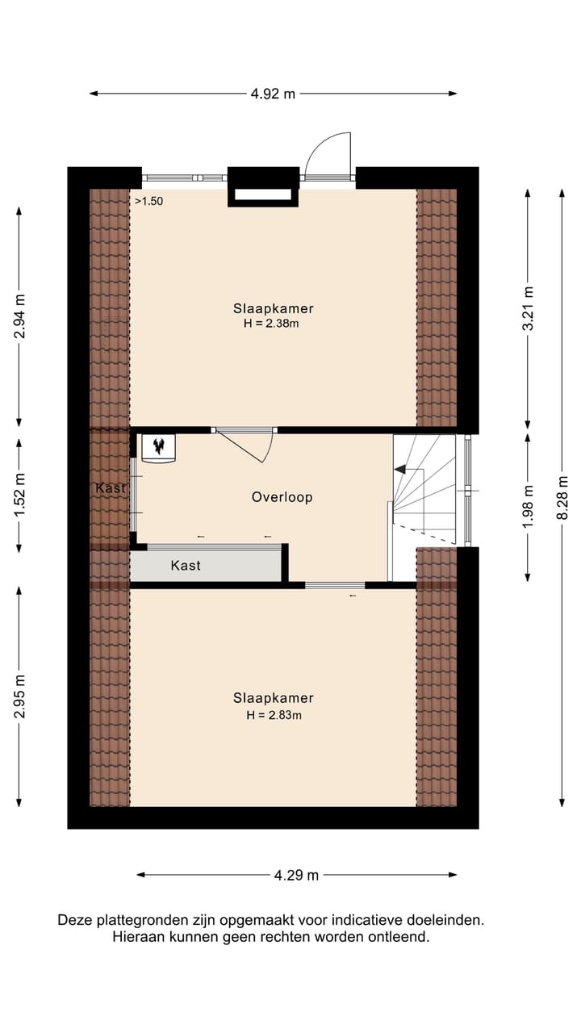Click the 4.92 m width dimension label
[273, 94]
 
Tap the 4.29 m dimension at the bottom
[296, 875]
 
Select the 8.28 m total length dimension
[562, 498]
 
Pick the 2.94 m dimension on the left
[19, 316]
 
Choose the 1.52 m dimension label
[19, 490]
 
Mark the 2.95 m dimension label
[19, 695]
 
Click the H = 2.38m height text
[273, 324]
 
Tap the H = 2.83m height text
[273, 714]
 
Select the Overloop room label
[282, 497]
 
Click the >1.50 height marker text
[148, 202]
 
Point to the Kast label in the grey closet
[186, 566]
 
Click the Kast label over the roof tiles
[111, 488]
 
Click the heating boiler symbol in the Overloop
[158, 447]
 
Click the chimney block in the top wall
[262, 186]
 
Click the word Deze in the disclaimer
[74, 920]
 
